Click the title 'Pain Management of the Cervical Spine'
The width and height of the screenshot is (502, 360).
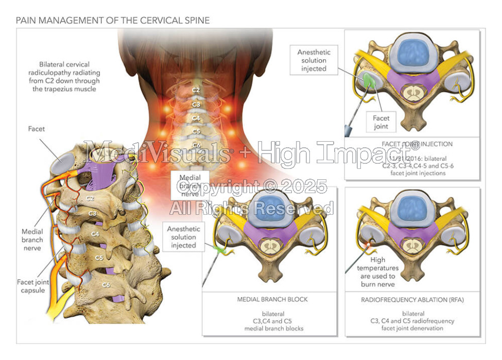[113, 21]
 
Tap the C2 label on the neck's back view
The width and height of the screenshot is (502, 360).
[196, 90]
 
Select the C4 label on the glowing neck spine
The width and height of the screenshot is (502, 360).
[196, 118]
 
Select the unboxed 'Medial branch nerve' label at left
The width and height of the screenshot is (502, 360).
[32, 240]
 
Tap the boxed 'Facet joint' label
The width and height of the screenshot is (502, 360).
[381, 122]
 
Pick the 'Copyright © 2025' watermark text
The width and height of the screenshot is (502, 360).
[252, 186]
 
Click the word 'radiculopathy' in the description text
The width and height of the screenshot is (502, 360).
[64, 73]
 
